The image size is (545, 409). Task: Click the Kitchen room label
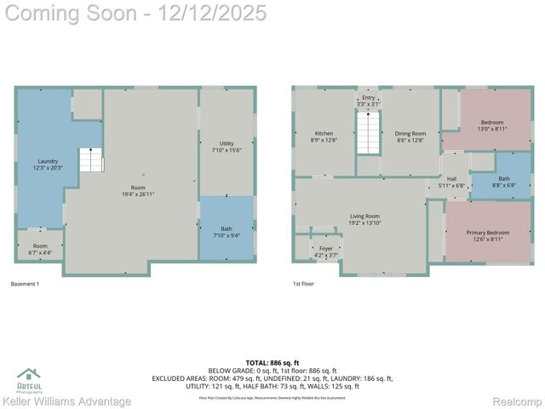(x=324, y=134)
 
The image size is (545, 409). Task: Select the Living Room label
(x=364, y=216)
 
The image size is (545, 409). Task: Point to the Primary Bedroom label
(x=487, y=233)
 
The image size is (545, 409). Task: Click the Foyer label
(x=326, y=249)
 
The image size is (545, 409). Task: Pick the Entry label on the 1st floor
(x=368, y=98)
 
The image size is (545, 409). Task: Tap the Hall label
(x=452, y=179)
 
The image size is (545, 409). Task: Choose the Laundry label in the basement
(x=48, y=161)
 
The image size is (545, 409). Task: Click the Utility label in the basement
(x=226, y=143)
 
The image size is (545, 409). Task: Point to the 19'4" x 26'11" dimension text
(x=137, y=194)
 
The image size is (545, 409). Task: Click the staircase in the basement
(x=90, y=159)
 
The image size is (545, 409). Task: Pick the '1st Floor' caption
(x=303, y=283)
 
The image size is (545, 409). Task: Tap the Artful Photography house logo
(x=29, y=374)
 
